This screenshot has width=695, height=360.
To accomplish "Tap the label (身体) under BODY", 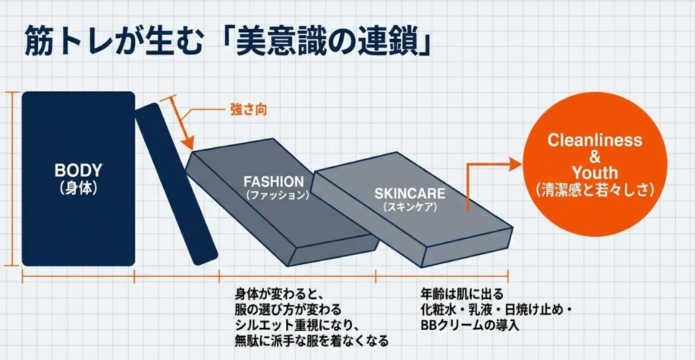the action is pos(78,188).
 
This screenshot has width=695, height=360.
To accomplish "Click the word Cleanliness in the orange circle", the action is pos(594,140).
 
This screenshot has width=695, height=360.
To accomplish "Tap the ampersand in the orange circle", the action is pos(595,156).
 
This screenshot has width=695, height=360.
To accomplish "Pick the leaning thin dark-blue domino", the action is pos(176,184).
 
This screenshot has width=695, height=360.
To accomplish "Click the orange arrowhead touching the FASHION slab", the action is pos(189,143).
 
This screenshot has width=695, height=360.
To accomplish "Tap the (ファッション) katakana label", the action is pos(276,194).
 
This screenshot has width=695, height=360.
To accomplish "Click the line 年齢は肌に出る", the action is pos(461,294).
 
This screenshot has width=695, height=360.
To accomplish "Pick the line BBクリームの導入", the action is pos(469,325).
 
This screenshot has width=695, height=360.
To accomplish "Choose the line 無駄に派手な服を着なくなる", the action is pos(312,341).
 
